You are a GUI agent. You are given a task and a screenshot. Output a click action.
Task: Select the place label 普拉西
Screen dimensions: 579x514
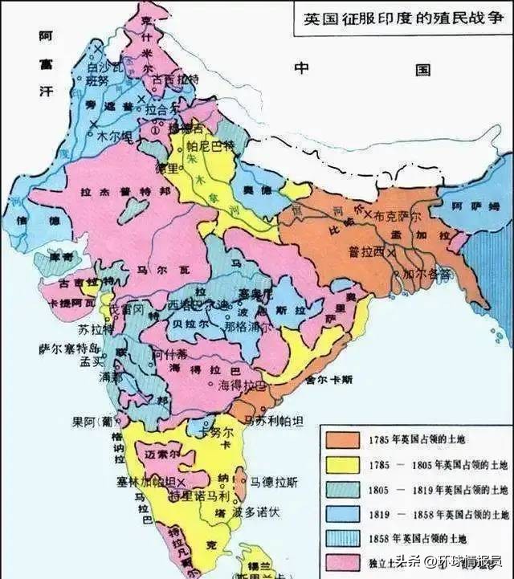click(365, 251)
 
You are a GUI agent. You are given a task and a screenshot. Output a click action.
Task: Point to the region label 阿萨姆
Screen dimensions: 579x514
click(469, 206)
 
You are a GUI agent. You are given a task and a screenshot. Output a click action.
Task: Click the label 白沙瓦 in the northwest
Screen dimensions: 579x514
click(102, 69)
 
